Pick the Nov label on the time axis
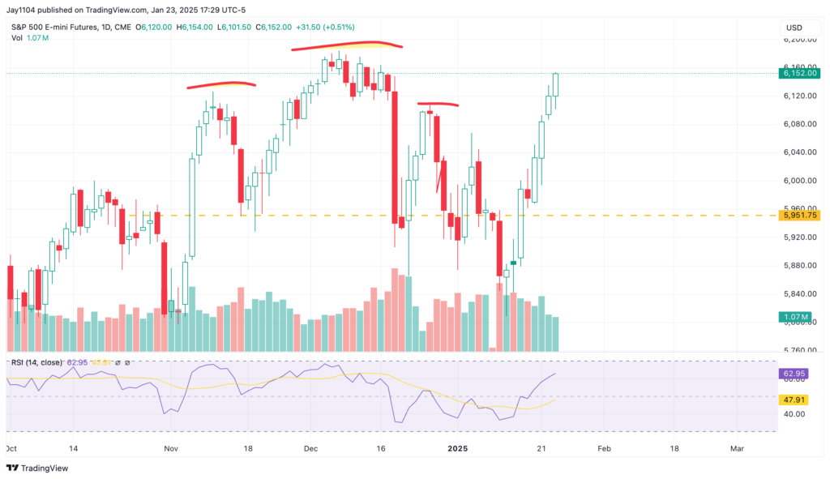tap(170, 447)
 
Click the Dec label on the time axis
tap(311, 447)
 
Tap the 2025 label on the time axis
tap(458, 447)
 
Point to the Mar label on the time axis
tap(736, 447)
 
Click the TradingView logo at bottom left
tap(37, 468)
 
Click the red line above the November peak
tap(221, 83)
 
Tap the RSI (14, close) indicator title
tap(36, 362)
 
